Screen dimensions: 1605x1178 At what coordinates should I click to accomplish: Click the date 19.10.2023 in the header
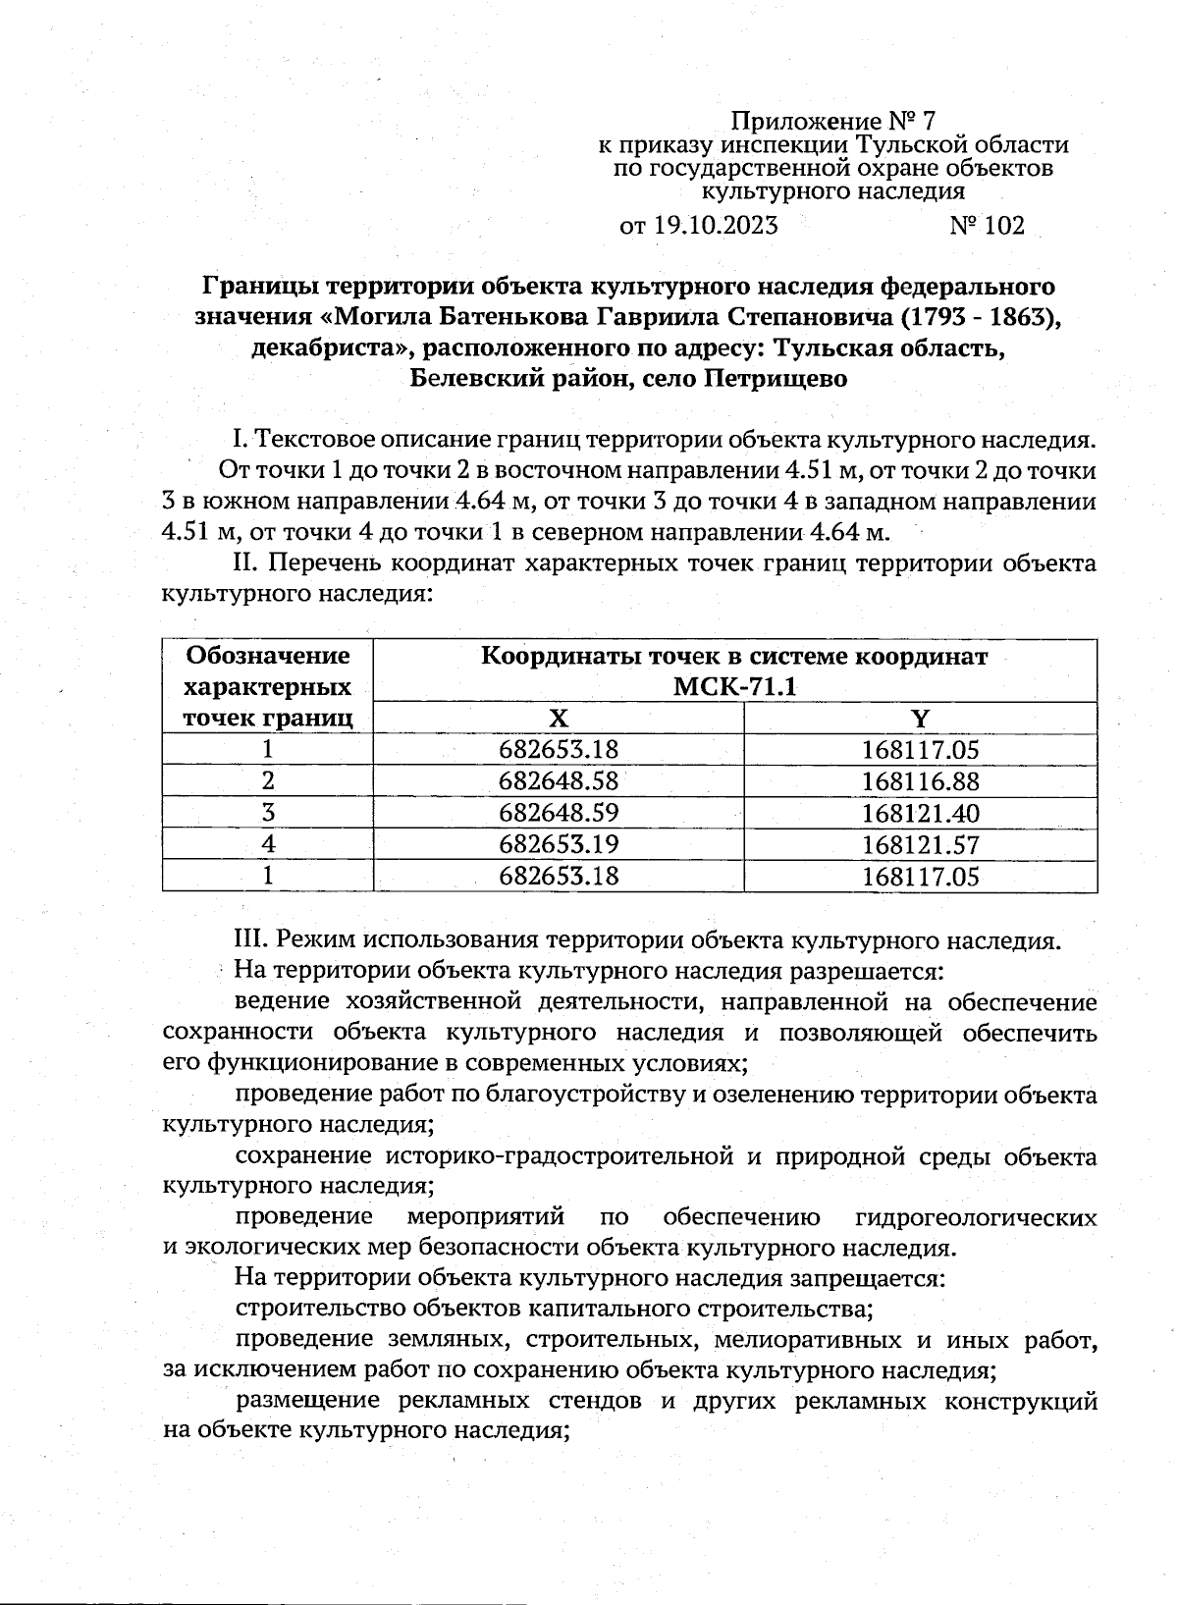coord(716,226)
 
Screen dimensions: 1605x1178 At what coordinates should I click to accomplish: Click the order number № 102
coord(987,226)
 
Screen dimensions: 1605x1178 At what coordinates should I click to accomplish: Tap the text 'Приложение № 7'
coord(834,122)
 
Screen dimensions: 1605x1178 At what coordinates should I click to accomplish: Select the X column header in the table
coord(558,719)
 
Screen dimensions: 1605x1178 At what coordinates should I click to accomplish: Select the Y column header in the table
coord(920,719)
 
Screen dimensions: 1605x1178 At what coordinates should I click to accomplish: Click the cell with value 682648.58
coord(559,781)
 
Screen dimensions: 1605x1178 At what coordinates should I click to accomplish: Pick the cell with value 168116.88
coord(921,781)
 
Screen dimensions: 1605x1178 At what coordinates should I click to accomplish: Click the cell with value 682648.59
coord(559,813)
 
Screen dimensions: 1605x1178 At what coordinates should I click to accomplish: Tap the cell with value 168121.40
coord(921,813)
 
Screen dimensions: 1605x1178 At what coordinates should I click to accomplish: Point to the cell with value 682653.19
coord(559,844)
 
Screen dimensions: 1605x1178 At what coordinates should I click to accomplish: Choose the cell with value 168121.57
coord(921,844)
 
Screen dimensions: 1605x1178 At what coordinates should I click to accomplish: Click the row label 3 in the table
coord(267,813)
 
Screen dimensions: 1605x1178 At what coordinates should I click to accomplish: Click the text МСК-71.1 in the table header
coord(734,686)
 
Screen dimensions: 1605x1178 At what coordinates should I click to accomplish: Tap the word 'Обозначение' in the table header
coord(268,655)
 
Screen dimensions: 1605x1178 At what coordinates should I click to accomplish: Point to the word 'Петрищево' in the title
coord(775,378)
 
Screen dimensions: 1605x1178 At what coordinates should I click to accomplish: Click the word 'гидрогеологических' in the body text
coord(976,1217)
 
